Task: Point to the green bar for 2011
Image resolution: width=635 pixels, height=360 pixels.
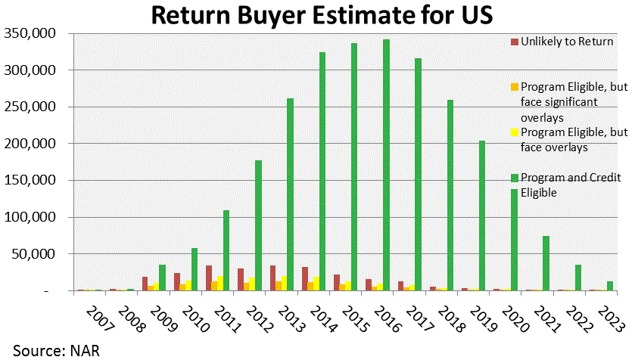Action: [x=226, y=250]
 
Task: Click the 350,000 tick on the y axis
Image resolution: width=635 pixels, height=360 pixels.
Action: [x=28, y=33]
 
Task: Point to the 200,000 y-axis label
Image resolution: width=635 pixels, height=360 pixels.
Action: [x=28, y=144]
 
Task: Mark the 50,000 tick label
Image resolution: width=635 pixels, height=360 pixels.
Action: [x=31, y=254]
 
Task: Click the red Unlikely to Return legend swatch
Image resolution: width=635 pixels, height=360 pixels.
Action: [x=515, y=41]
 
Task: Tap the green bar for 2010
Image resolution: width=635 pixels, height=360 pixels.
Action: [x=194, y=270]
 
